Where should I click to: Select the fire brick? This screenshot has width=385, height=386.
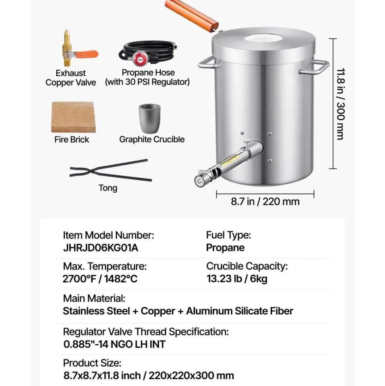(x=73, y=117)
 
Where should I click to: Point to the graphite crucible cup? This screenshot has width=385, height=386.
(x=150, y=118)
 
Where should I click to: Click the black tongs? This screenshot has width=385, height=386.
(x=111, y=171)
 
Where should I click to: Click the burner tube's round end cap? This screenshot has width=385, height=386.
(x=199, y=181)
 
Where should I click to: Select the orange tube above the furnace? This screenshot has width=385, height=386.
(x=192, y=15)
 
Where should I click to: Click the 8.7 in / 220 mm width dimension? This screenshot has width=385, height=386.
(x=265, y=202)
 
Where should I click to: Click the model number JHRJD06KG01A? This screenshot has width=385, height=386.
(x=100, y=248)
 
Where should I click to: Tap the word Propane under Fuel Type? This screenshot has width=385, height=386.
(x=225, y=248)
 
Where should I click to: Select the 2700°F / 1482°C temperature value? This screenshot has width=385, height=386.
(x=100, y=279)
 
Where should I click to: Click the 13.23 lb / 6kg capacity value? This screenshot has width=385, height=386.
(x=237, y=279)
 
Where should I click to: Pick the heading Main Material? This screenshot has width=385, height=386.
(x=94, y=299)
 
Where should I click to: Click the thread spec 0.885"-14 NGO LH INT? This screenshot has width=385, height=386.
(x=114, y=344)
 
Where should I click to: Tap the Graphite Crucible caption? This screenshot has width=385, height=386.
(x=152, y=140)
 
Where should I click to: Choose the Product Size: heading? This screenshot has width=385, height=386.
(x=92, y=363)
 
